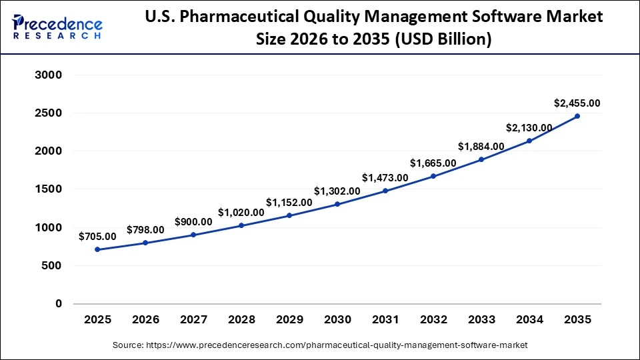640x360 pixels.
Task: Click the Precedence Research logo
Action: pyautogui.click(x=57, y=27)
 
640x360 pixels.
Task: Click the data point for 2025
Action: pyautogui.click(x=97, y=249)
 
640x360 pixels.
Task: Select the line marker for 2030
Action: pyautogui.click(x=337, y=204)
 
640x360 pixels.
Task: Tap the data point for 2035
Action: pyautogui.click(x=577, y=116)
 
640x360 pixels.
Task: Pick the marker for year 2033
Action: pyautogui.click(x=481, y=159)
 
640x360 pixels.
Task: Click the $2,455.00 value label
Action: pyautogui.click(x=577, y=103)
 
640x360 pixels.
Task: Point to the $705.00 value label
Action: pyautogui.click(x=97, y=236)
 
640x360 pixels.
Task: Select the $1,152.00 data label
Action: pyautogui.click(x=289, y=202)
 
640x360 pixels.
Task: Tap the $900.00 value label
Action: pyautogui.click(x=193, y=222)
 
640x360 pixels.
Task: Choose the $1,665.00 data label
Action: pyautogui.click(x=433, y=163)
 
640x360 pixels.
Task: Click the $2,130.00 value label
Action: pyautogui.click(x=529, y=127)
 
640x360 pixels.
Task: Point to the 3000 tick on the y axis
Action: pyautogui.click(x=48, y=75)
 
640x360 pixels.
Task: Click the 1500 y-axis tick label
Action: pyautogui.click(x=48, y=189)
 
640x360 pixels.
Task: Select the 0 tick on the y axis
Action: pyautogui.click(x=58, y=304)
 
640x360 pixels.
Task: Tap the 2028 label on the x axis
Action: pyautogui.click(x=241, y=320)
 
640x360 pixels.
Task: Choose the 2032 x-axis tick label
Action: pyautogui.click(x=433, y=320)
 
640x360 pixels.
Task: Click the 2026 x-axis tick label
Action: pyautogui.click(x=145, y=320)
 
